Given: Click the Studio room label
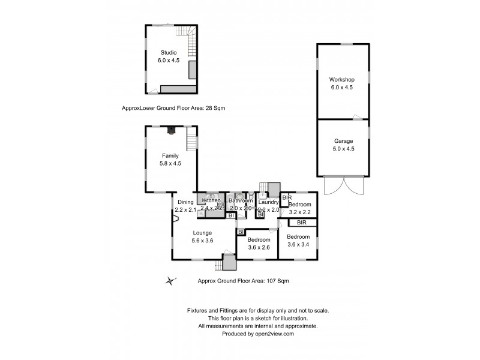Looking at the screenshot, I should [x=168, y=53].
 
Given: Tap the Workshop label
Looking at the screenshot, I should [x=342, y=80].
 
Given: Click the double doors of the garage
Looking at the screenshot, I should [x=343, y=186].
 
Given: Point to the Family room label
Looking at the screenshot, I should [x=170, y=155].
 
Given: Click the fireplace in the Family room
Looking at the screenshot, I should [x=172, y=129].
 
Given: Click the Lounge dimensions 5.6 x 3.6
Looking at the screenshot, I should [x=202, y=241].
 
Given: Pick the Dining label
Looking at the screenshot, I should [x=185, y=202].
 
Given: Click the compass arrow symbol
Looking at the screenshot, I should [x=172, y=280].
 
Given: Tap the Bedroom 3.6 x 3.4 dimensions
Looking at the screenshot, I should [x=298, y=244].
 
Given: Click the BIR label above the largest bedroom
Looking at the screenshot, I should [x=302, y=223].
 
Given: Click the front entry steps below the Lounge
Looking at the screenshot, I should [x=229, y=263].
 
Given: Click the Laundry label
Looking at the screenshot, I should [x=268, y=202].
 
